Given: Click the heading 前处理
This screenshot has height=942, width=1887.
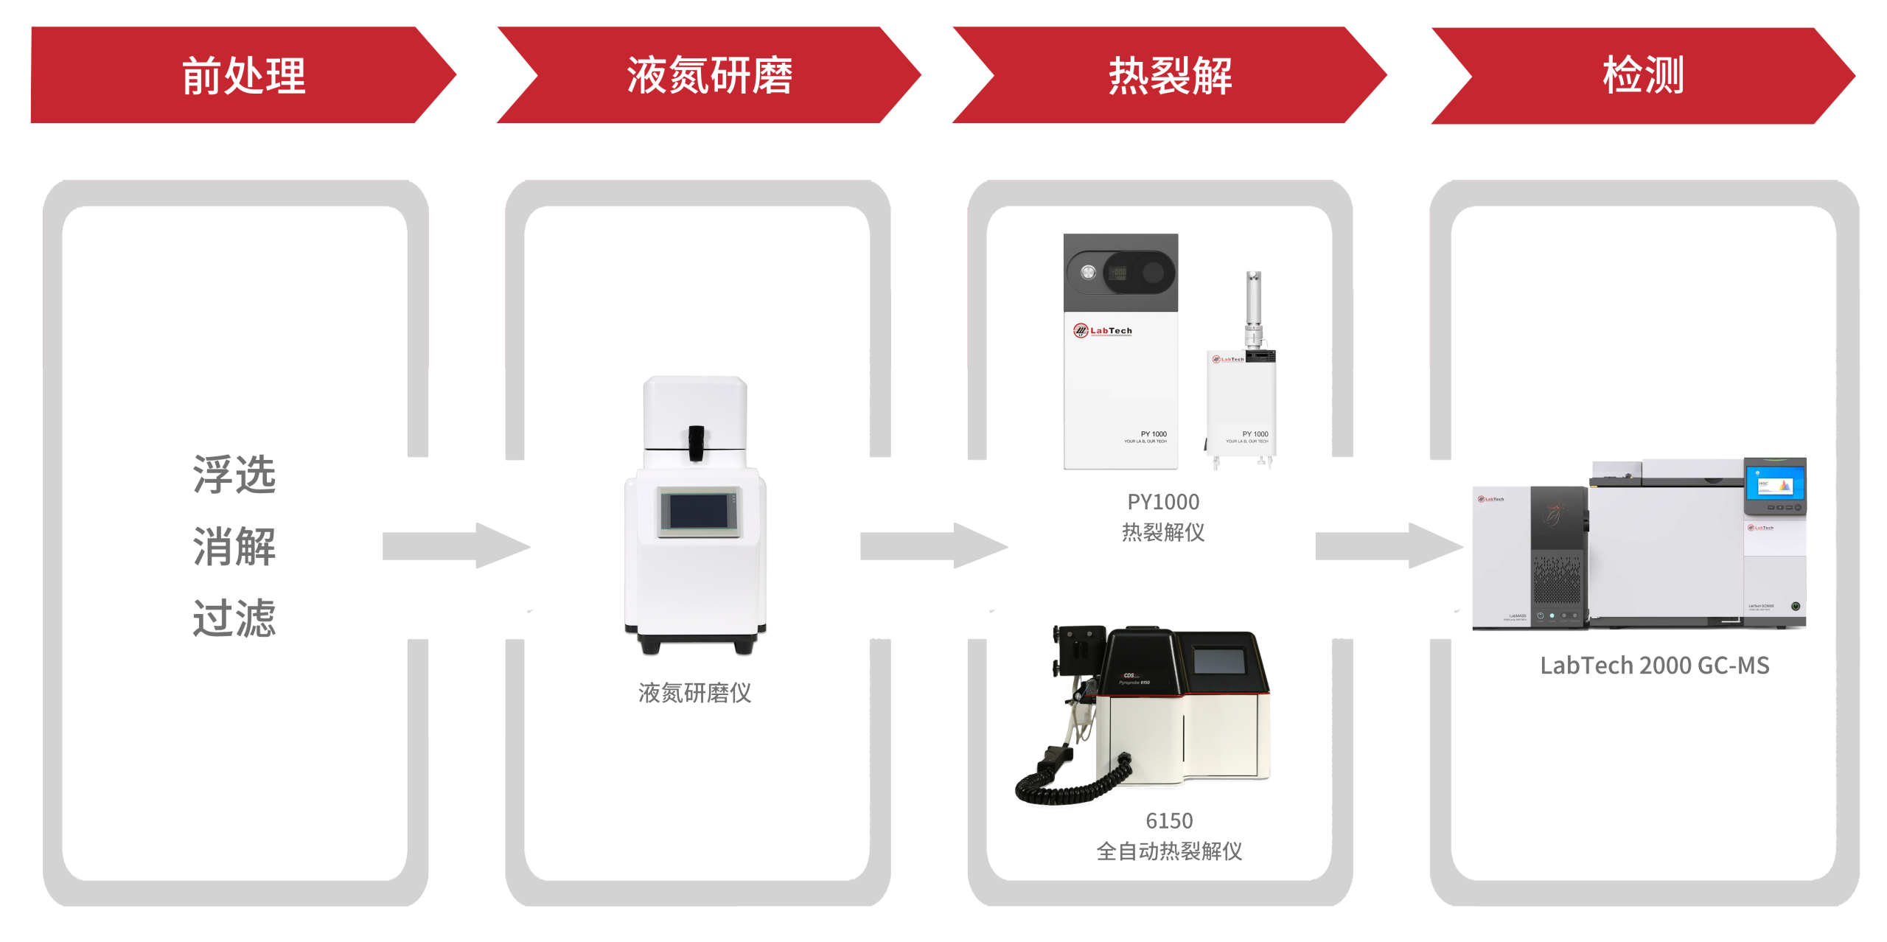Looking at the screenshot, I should click(x=243, y=75).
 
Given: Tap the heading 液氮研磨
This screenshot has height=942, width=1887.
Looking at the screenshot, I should click(x=709, y=75).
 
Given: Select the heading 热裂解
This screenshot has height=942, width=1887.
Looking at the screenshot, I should click(x=1170, y=75).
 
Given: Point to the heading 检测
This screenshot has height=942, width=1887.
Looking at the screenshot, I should click(x=1643, y=75).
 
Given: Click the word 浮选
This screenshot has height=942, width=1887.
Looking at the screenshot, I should click(x=234, y=475).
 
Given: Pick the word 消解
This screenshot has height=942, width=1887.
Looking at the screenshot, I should click(x=234, y=546).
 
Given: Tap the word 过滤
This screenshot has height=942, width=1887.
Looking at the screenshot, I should click(x=234, y=618).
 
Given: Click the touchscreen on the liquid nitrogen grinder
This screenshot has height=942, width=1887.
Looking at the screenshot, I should click(x=698, y=511).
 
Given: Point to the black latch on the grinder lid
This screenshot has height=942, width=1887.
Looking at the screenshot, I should click(x=696, y=442).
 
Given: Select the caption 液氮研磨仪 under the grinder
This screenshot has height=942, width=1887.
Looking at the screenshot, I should click(x=694, y=693).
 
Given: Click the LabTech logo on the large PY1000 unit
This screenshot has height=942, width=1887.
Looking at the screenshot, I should click(x=1103, y=331).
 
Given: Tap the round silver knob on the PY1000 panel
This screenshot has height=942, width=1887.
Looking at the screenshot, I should click(x=1088, y=273).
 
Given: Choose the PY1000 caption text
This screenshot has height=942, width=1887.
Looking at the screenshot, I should click(x=1163, y=502).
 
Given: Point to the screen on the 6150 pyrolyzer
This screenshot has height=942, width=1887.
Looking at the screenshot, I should click(x=1219, y=660).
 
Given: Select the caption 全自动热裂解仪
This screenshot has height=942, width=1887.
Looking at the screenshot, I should click(x=1169, y=851).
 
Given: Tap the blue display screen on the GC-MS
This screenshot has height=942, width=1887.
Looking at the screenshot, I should click(x=1774, y=486).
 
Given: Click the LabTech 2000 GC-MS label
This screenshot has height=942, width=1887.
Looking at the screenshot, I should click(x=1655, y=665).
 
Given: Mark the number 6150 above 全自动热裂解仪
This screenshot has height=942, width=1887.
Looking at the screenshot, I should click(x=1169, y=820).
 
